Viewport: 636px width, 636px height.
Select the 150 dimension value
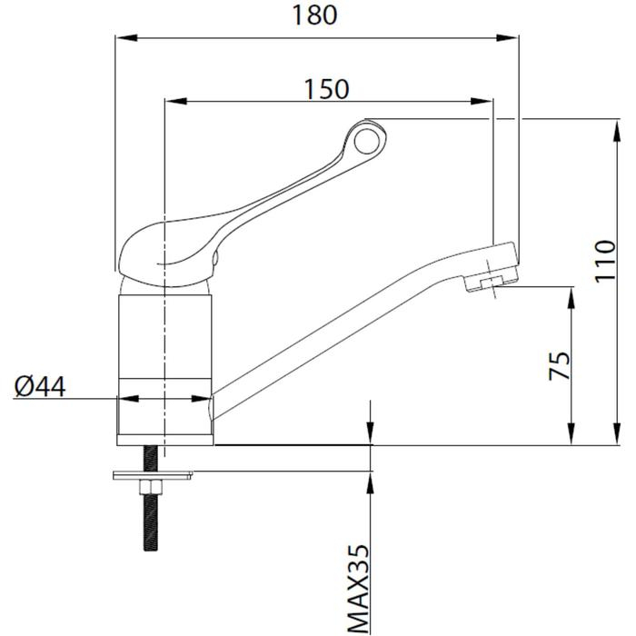326,88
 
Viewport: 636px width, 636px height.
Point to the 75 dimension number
560,364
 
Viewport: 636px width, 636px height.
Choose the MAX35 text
359,589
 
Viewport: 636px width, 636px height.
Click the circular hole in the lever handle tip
369,140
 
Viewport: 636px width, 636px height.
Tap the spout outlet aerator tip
491,283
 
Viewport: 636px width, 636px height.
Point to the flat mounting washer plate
152,474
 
